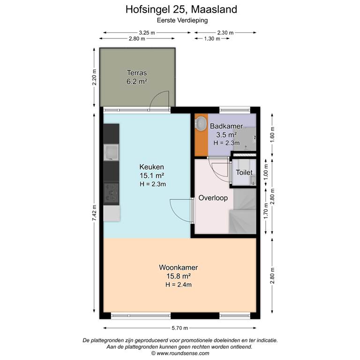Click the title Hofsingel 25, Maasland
[x=181, y=9]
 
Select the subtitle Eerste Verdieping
[x=182, y=21]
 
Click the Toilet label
[x=244, y=172]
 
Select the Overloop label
[x=213, y=198]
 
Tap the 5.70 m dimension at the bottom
[x=179, y=328]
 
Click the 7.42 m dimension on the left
[x=94, y=213]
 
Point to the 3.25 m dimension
[x=147, y=32]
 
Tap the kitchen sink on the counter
[x=112, y=153]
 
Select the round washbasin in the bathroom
[x=201, y=124]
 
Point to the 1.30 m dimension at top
[x=212, y=39]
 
